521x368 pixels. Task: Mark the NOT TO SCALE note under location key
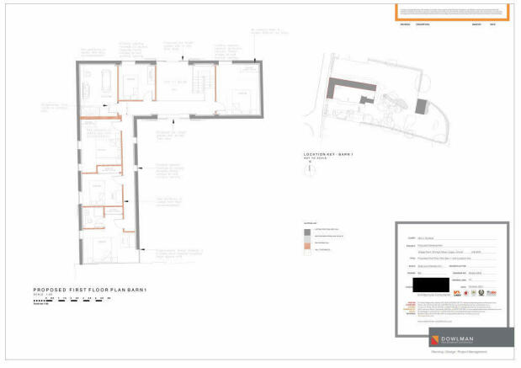pos(312,160)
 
